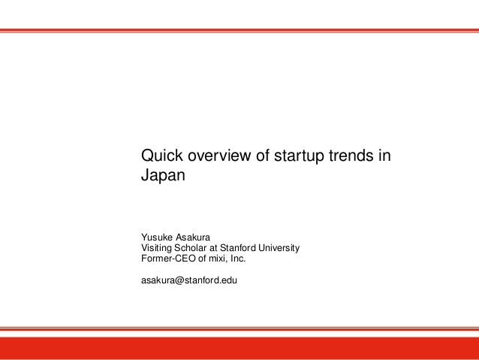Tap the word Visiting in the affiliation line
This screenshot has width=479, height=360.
point(158,248)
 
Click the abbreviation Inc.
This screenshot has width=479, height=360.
point(238,259)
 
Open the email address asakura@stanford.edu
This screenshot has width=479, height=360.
point(185,282)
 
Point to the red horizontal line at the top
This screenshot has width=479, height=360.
point(239,31)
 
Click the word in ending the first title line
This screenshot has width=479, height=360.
point(384,157)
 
